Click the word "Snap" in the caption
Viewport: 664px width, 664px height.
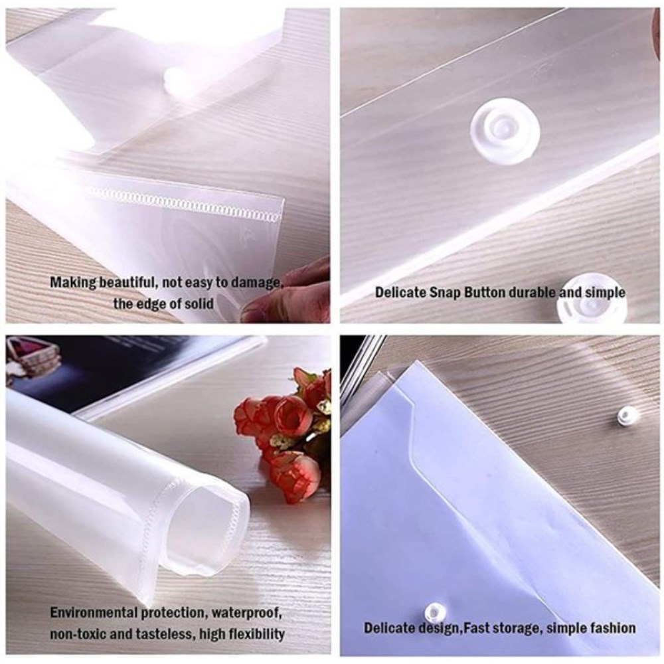(448, 293)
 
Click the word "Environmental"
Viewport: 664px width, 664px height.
(94, 612)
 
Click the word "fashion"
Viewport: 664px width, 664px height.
(612, 627)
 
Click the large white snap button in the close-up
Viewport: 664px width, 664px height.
(505, 132)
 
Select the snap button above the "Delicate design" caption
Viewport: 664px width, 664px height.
(435, 612)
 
